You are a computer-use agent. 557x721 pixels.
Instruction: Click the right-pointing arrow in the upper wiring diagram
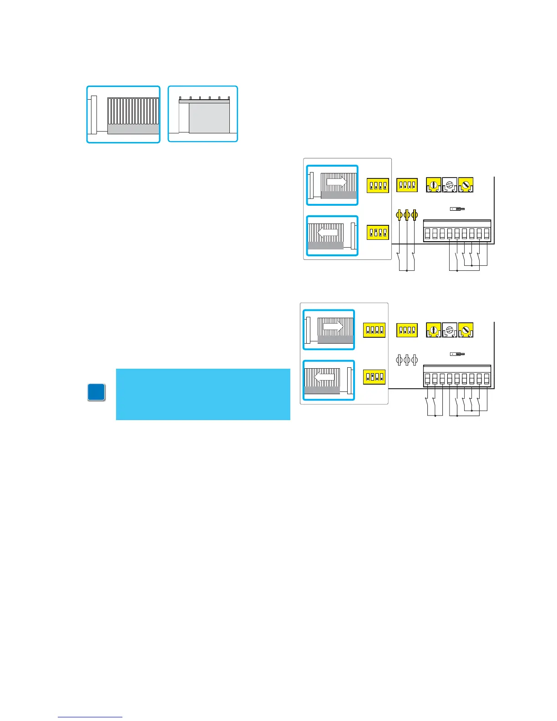click(337, 182)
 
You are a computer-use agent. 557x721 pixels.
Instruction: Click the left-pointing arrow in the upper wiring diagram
click(328, 232)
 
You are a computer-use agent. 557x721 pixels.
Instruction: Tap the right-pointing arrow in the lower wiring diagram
click(333, 326)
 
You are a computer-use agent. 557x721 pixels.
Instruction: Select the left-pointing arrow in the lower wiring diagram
click(324, 376)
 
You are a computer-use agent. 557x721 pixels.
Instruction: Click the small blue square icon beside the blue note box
click(96, 392)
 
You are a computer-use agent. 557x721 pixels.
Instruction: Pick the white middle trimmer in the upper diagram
click(450, 185)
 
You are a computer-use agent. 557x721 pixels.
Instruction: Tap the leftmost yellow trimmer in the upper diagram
click(433, 185)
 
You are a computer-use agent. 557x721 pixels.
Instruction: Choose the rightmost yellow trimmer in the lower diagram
click(466, 330)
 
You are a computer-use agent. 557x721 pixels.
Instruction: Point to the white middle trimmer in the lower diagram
click(450, 330)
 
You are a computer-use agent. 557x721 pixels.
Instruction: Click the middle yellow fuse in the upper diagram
click(407, 215)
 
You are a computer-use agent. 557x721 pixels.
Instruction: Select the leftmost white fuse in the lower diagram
click(399, 360)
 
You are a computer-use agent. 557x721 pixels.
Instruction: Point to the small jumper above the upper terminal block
click(457, 209)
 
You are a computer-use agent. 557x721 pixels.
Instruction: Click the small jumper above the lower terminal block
click(457, 354)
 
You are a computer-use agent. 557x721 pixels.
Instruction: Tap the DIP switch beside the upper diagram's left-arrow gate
click(378, 232)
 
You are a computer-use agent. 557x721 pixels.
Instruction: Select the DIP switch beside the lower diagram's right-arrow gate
click(374, 330)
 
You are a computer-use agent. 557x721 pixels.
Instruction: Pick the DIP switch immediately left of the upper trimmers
click(407, 185)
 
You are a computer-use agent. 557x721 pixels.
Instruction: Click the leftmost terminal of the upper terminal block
click(427, 234)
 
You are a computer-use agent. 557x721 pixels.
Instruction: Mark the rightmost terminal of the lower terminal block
click(486, 379)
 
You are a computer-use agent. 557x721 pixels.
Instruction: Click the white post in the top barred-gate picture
click(94, 115)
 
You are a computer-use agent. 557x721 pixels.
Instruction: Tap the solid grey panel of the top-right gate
click(209, 118)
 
